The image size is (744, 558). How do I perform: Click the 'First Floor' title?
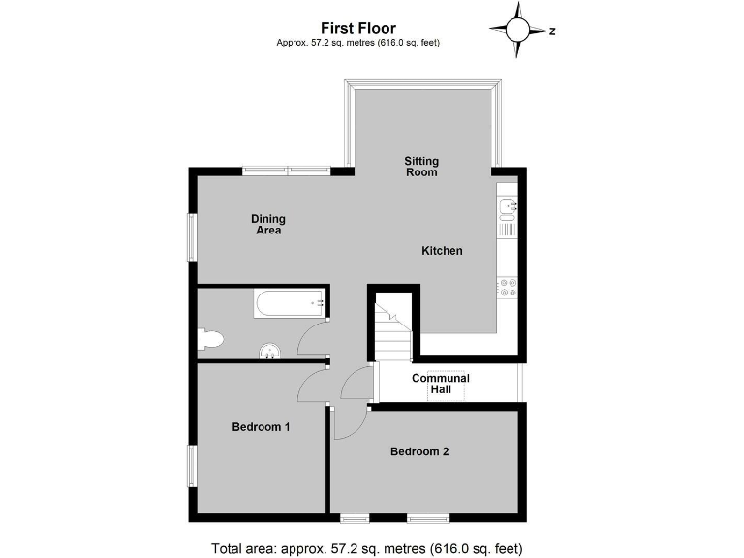(x=359, y=29)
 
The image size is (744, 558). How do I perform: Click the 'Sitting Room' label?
(x=421, y=167)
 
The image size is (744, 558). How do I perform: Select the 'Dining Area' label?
(x=268, y=225)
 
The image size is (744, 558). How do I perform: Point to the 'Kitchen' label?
(x=442, y=251)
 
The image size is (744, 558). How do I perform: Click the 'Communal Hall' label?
(x=441, y=384)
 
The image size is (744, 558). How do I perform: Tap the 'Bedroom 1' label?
(x=261, y=427)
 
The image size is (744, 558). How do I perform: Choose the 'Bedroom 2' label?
(x=419, y=451)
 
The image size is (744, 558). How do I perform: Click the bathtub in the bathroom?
(x=290, y=304)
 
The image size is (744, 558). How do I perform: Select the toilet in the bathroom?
(x=209, y=338)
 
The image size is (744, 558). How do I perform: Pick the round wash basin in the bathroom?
(x=270, y=351)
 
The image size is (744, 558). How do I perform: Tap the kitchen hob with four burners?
(x=508, y=287)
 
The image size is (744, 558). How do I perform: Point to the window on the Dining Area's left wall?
(x=192, y=235)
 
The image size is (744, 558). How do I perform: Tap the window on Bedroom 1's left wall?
(x=192, y=467)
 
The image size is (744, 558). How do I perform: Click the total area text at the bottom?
(x=367, y=548)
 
